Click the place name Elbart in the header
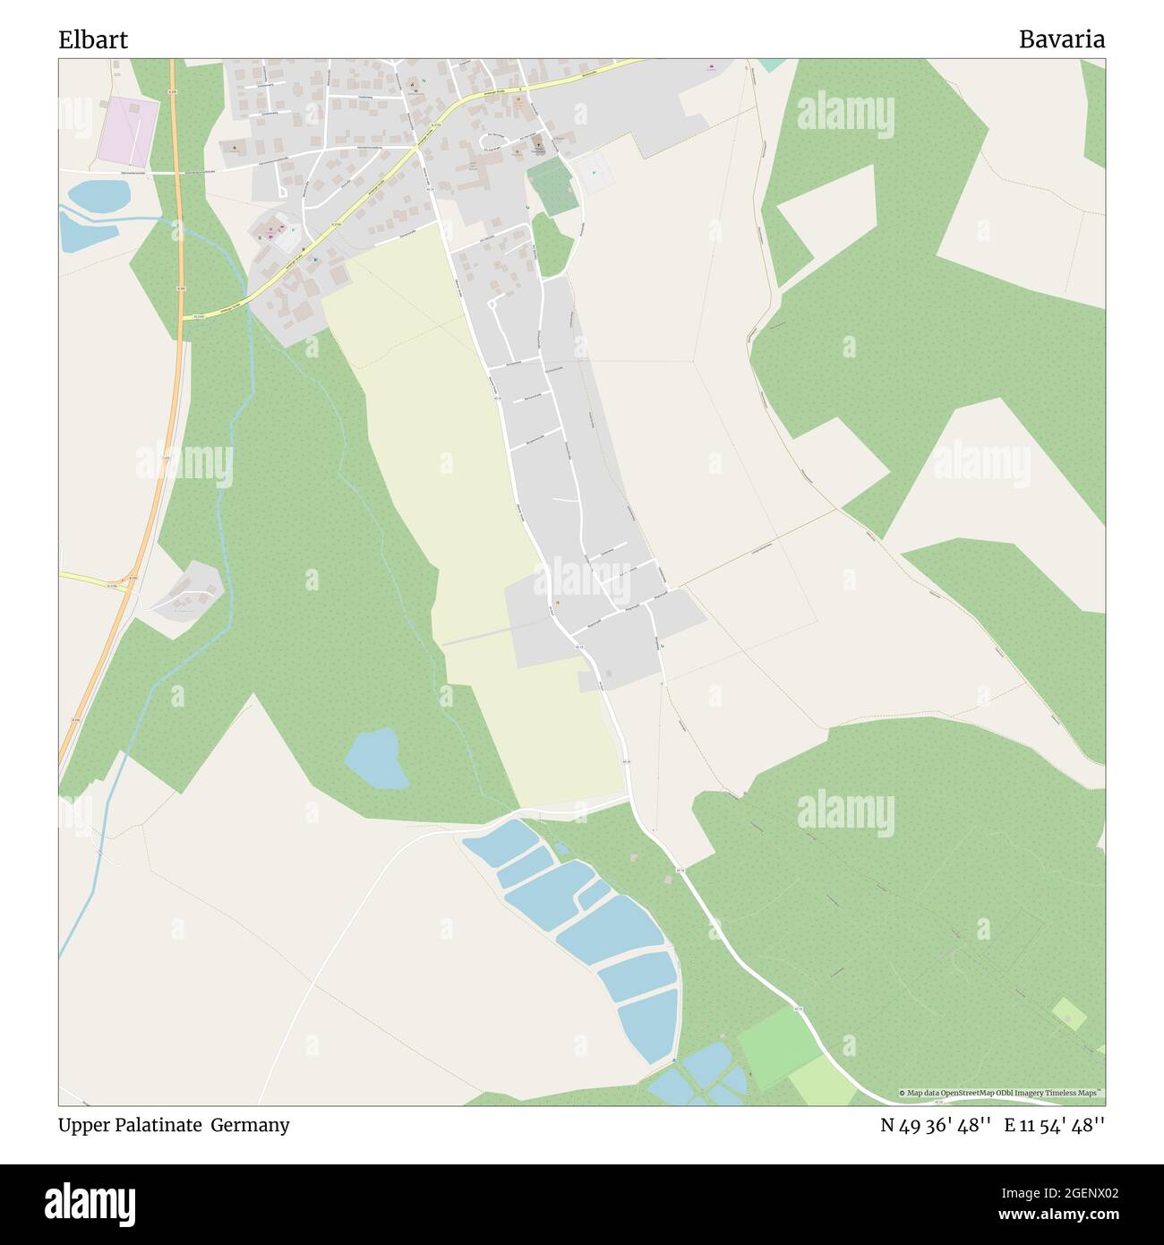(93, 39)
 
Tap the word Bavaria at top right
(1061, 39)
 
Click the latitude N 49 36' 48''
(936, 1125)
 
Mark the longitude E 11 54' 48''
(1055, 1125)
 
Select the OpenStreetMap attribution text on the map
(1002, 1093)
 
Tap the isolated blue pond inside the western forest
(375, 758)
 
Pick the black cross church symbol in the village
(538, 146)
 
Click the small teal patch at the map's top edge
(769, 64)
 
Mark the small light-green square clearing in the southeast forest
(1068, 1014)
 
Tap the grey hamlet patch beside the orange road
(184, 596)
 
